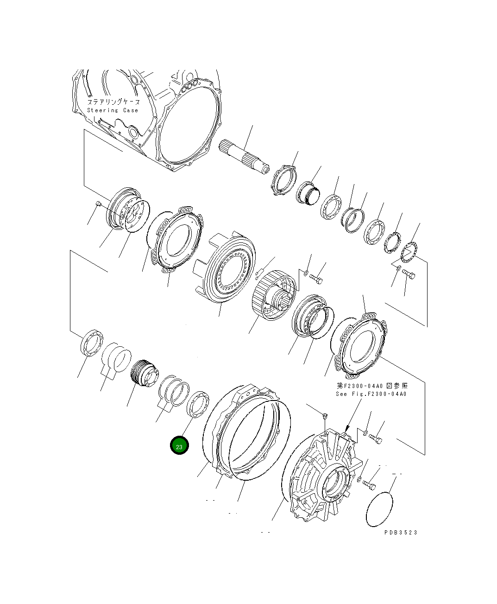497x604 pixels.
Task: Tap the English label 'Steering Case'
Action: tap(113, 110)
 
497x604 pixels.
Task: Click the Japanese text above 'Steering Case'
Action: tap(113, 102)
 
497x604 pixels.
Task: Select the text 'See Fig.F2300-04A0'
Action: tap(371, 394)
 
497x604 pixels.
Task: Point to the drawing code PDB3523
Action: tap(401, 533)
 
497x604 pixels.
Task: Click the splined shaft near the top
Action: tap(244, 157)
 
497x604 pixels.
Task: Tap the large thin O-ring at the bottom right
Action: tap(379, 509)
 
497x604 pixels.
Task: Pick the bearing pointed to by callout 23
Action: tap(198, 405)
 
